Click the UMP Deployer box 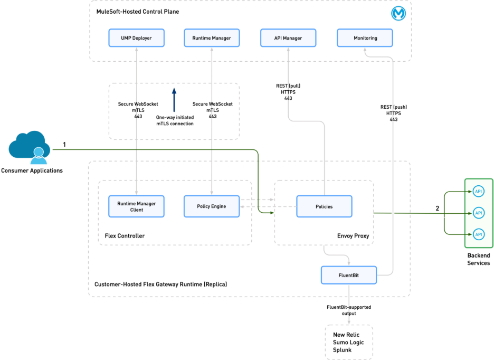(136, 38)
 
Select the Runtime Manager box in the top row (211, 38)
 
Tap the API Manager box (288, 38)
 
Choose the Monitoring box (365, 38)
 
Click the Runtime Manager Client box (136, 206)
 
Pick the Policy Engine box (211, 206)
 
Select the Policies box (324, 206)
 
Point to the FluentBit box (349, 275)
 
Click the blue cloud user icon (30, 147)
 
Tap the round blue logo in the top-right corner (398, 13)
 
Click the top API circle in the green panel (479, 191)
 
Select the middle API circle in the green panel (479, 213)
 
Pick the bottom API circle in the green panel (479, 234)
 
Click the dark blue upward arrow (174, 99)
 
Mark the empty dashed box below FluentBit (349, 342)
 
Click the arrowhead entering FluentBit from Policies (349, 262)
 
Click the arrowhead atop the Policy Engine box (211, 193)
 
